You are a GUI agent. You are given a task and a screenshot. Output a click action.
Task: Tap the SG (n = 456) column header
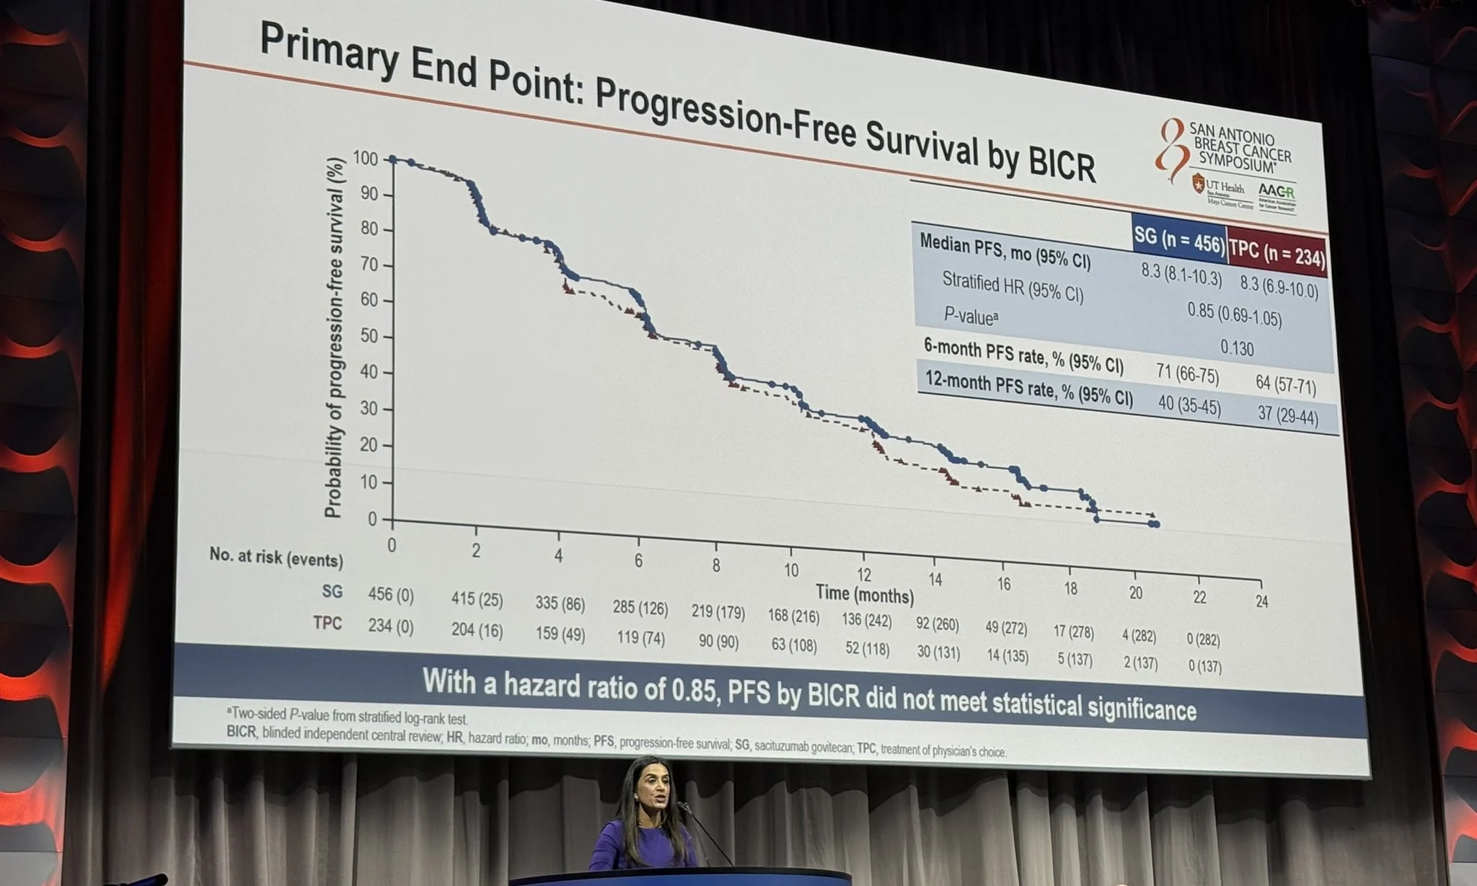(x=1179, y=240)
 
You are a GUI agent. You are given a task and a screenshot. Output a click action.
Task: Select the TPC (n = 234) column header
(x=1277, y=254)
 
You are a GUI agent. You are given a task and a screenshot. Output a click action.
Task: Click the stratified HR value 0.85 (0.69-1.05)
(x=1234, y=315)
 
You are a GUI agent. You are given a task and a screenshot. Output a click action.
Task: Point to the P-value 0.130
(x=1237, y=348)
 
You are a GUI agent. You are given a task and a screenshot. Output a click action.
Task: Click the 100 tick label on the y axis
(x=366, y=158)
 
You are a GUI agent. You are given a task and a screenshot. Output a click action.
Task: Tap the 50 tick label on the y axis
(x=369, y=337)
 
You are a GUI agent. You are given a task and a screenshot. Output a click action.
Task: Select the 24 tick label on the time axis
(x=1261, y=601)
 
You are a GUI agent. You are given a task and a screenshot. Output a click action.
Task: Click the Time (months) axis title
(x=864, y=595)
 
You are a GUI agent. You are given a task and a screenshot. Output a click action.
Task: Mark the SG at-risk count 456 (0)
(x=391, y=594)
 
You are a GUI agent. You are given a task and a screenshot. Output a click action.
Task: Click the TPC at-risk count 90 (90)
(x=718, y=641)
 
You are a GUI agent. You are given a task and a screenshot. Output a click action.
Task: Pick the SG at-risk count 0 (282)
(x=1203, y=639)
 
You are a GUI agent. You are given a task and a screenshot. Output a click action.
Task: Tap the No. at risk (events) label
(x=275, y=557)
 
